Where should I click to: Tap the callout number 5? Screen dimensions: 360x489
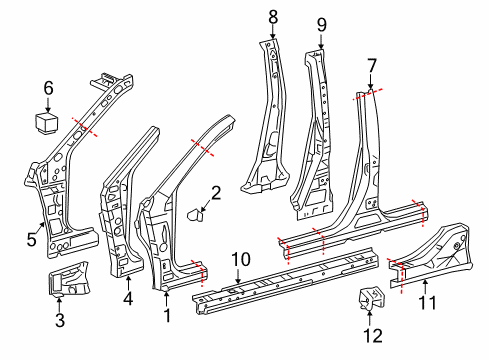[x=32, y=240]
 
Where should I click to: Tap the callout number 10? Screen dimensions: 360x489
[x=237, y=260]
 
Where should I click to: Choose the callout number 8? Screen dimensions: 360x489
[x=272, y=16]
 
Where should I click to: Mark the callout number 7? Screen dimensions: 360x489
[x=371, y=65]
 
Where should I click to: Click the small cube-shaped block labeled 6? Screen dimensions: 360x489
[x=47, y=122]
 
